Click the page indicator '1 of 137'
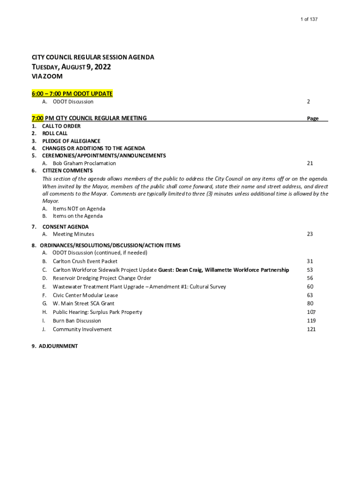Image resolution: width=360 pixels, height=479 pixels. pos(309,19)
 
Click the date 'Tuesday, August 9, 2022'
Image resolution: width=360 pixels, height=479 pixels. pos(71,67)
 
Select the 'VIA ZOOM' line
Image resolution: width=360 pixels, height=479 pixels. pos(47,76)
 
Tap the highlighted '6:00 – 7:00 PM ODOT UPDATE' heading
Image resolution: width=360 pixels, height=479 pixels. pos(72,94)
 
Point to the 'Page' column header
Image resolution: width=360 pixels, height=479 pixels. pos(313,118)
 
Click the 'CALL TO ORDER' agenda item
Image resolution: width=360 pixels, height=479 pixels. pos(61,126)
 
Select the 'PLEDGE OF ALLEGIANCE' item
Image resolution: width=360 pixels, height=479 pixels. pos(71,141)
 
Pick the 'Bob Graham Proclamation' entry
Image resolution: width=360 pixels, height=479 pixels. pos(84,163)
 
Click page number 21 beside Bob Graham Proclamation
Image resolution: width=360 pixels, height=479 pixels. pos(310,163)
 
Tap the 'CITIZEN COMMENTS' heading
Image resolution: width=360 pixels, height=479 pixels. pos(67,171)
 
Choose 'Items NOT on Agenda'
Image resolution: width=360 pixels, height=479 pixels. pos(79,209)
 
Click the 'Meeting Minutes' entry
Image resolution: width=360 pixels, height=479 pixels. pos(73,234)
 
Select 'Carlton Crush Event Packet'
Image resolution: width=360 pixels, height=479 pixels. pos(85,261)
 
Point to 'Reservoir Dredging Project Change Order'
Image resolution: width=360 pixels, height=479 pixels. pos(102,278)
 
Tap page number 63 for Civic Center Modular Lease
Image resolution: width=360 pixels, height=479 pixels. pos(310,295)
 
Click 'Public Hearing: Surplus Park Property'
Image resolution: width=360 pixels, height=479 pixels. pos(97,312)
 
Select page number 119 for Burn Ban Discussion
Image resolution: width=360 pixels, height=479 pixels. pos(311,321)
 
